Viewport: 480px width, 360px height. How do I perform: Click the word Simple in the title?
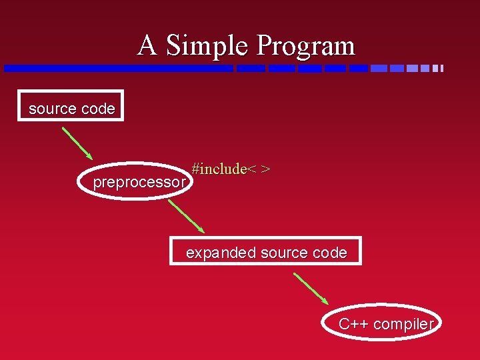click(x=207, y=46)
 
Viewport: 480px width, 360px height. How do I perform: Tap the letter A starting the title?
click(x=147, y=46)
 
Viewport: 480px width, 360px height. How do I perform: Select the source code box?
click(x=71, y=106)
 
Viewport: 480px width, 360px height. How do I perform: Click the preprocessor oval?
click(x=139, y=181)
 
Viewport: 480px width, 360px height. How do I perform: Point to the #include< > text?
click(x=231, y=169)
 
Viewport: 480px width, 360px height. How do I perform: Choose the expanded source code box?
click(x=266, y=251)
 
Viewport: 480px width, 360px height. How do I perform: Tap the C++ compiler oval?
click(x=385, y=323)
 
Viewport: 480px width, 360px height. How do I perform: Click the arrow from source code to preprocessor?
click(x=77, y=143)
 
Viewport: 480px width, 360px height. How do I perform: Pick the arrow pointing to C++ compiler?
click(x=311, y=288)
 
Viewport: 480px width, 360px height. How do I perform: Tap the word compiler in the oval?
click(x=404, y=325)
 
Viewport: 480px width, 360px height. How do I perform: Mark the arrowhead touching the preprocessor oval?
click(x=90, y=158)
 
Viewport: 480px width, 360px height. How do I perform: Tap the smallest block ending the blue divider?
click(x=441, y=68)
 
